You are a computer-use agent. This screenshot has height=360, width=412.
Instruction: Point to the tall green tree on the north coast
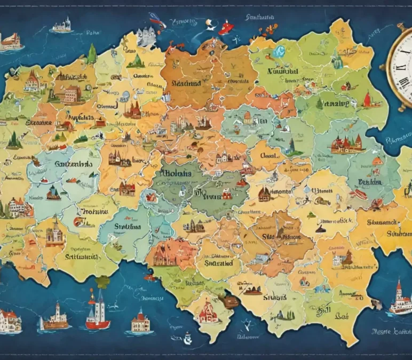92,54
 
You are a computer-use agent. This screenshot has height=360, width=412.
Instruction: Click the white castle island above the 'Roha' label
62,25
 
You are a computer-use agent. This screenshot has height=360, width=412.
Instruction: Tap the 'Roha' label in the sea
92,33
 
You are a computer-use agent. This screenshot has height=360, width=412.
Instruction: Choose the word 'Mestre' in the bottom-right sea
382,332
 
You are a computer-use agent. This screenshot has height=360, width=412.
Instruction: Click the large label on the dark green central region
178,174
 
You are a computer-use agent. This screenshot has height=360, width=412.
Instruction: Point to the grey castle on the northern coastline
146,37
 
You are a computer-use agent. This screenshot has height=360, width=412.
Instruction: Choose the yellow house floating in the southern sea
139,322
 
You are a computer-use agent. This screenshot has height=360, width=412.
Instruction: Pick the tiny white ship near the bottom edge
187,338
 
